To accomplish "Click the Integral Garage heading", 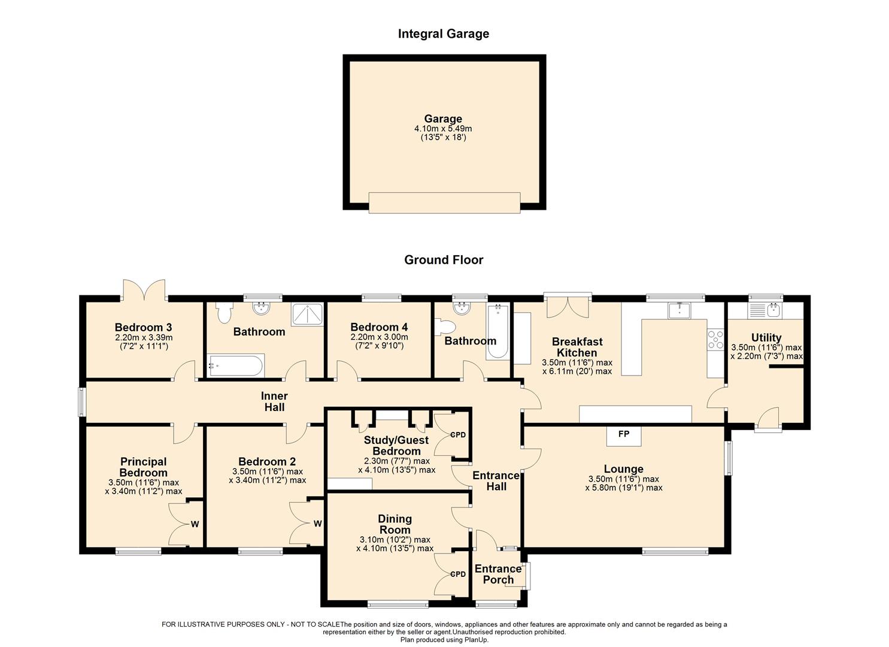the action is [444, 34].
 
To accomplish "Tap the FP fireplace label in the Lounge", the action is [623, 434].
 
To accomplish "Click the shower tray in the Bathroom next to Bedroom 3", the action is [307, 315].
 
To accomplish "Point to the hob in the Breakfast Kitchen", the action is [715, 340].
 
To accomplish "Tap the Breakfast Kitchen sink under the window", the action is [679, 310].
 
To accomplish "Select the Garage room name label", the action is [443, 119].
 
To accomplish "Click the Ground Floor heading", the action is [444, 260].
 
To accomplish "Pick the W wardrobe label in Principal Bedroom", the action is [195, 524].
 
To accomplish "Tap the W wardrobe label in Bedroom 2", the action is [317, 524].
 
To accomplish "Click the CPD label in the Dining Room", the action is [457, 575].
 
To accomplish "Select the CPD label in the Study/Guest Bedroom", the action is [457, 435].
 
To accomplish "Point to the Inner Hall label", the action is [274, 401].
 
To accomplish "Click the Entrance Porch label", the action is [498, 575].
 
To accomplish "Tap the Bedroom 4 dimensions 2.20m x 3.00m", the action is [379, 337].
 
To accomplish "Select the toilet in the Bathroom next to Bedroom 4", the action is [445, 328].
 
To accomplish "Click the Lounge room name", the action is [623, 469].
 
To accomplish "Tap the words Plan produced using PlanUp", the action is [444, 640].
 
